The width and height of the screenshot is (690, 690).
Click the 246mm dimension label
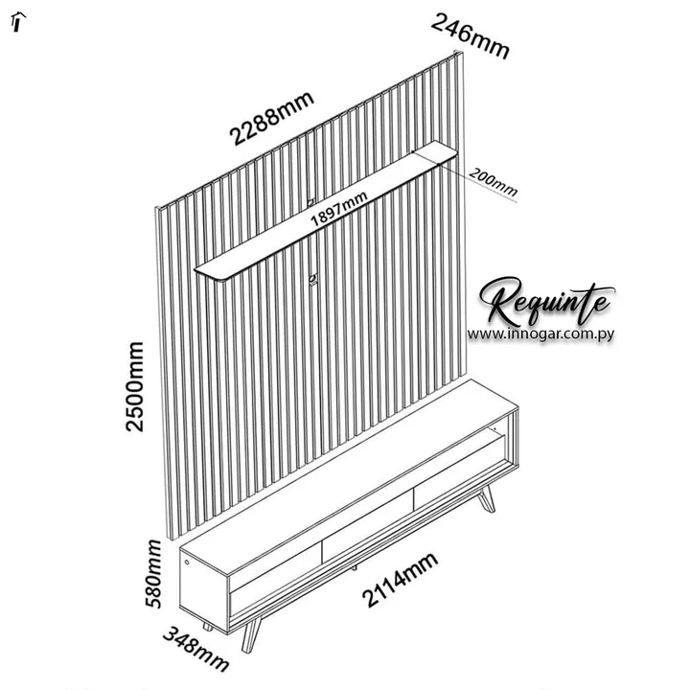tap(470, 36)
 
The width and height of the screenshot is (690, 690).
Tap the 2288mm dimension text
tap(272, 118)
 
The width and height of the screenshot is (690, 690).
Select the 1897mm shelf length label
tap(339, 209)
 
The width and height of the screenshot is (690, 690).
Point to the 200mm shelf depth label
tap(493, 181)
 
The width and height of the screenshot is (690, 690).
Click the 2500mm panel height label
tap(135, 387)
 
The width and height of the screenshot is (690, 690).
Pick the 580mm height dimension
tap(153, 574)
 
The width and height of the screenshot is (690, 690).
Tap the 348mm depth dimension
tap(196, 649)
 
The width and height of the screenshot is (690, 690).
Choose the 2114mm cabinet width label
tap(400, 579)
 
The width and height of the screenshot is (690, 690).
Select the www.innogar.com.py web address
tap(540, 334)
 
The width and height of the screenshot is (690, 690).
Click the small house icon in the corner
tap(17, 22)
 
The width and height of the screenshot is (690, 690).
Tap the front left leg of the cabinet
tap(250, 634)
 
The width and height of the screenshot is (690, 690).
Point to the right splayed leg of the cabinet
tap(487, 499)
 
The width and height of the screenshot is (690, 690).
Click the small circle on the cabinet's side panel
tap(187, 562)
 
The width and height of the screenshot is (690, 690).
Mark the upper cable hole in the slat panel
tap(311, 202)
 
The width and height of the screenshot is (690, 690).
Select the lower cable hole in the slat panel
tap(312, 280)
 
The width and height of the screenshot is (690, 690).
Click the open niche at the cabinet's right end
tap(502, 440)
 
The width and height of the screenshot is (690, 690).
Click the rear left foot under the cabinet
tap(207, 627)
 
